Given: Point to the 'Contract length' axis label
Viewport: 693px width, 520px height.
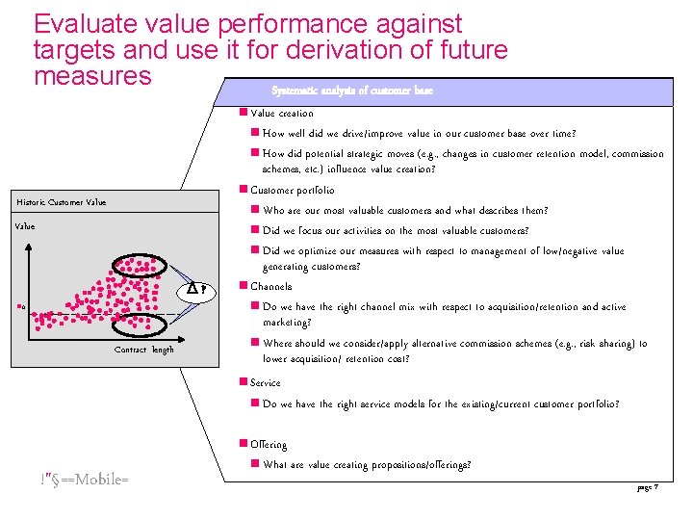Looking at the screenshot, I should tap(144, 350).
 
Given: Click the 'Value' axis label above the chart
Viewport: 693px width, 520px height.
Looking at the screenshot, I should tap(24, 226).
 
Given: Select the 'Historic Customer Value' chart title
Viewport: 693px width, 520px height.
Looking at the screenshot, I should tap(62, 202).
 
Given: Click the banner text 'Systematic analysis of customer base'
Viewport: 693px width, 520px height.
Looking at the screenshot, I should tap(352, 91).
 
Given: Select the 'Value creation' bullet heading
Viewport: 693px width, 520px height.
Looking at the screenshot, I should tap(281, 113).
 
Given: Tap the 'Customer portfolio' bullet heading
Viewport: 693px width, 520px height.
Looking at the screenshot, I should tap(292, 190).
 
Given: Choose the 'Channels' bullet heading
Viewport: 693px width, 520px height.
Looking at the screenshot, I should tap(270, 286).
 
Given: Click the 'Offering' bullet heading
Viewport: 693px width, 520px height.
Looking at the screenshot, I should tap(269, 444).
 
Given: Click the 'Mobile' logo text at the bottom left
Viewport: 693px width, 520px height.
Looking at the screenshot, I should tap(85, 479).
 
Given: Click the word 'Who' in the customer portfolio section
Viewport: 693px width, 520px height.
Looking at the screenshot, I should tap(274, 210).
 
